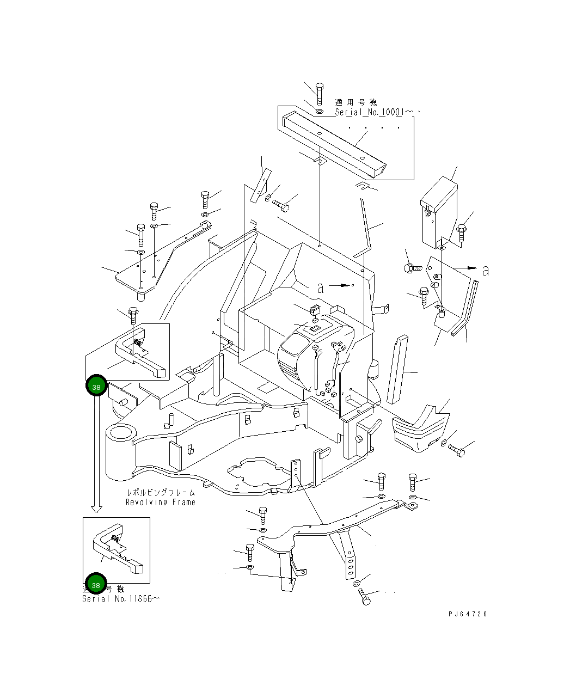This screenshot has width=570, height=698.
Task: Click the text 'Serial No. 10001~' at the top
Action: [x=369, y=112]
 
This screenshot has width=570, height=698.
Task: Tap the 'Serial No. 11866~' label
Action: [x=121, y=599]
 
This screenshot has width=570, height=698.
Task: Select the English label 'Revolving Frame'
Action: [x=160, y=502]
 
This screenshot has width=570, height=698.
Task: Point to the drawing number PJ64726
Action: [x=468, y=614]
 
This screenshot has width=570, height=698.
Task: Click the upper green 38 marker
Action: [x=96, y=387]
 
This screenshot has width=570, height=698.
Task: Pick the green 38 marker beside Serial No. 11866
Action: [x=96, y=584]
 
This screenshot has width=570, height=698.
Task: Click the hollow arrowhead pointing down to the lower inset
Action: [x=96, y=509]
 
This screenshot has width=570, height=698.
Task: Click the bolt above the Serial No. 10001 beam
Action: [x=320, y=93]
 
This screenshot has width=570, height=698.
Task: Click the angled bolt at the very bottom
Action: [x=365, y=598]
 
